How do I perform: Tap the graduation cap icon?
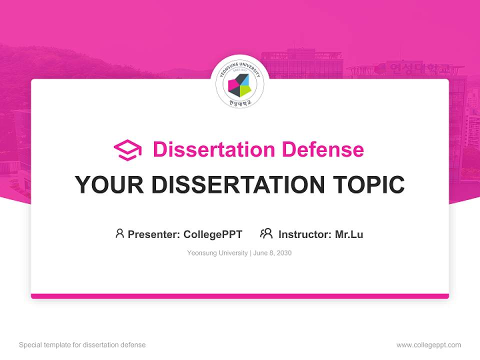click(x=127, y=150)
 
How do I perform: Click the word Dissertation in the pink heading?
click(x=213, y=149)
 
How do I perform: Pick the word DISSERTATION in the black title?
click(x=234, y=185)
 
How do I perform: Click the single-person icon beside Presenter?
click(x=119, y=233)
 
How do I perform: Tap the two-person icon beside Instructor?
click(x=266, y=233)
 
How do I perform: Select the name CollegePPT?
click(x=213, y=234)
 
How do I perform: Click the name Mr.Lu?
click(x=349, y=234)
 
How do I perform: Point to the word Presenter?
click(x=154, y=234)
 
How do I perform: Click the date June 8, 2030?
click(x=272, y=253)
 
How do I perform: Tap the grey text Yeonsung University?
click(x=217, y=253)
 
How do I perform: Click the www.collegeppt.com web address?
click(x=428, y=345)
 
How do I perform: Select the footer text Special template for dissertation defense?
click(x=82, y=345)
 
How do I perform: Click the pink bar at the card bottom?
click(x=240, y=296)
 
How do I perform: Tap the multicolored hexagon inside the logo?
click(x=239, y=85)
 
